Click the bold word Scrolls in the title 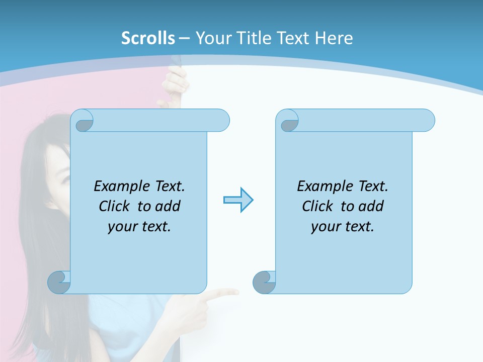(148, 38)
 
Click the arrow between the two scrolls (238, 200)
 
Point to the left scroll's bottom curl (58, 282)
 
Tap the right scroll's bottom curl (264, 282)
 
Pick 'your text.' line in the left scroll (139, 227)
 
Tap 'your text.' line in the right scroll (343, 227)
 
